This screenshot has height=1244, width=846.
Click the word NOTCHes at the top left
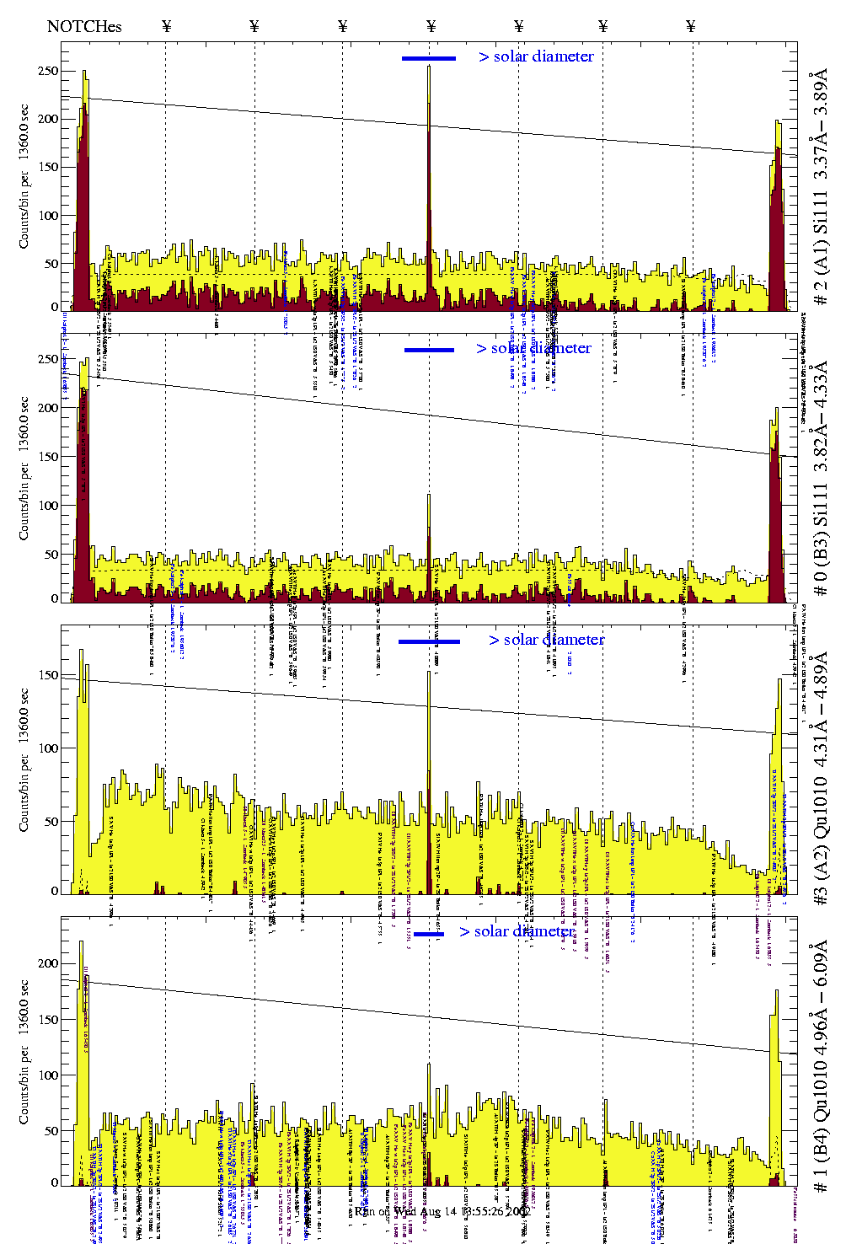point(84,26)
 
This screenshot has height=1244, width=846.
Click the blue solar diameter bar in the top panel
point(428,58)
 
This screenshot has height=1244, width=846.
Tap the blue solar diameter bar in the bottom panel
point(428,934)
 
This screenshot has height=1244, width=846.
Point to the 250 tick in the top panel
point(48,72)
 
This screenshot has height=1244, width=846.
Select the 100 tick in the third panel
point(48,748)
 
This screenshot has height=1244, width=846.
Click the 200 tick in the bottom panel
point(48,963)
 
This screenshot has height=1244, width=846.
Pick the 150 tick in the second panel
point(48,457)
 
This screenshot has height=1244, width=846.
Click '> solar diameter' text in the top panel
point(536,56)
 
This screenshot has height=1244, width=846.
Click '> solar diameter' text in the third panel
point(546,640)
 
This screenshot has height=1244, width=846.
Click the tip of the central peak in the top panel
point(429,67)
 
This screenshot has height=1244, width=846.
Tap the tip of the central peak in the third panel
point(429,672)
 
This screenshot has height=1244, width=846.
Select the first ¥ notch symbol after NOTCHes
point(166,26)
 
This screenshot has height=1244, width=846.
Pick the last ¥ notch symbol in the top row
point(691,26)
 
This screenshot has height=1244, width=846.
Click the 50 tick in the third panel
point(51,822)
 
